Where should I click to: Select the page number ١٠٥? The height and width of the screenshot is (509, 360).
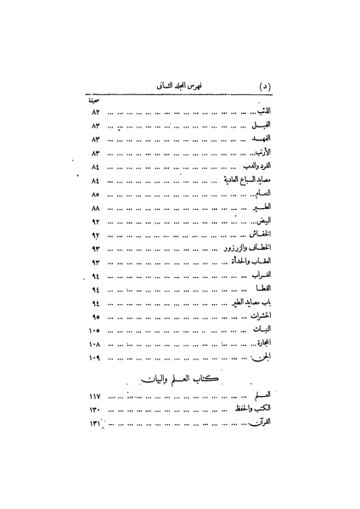[x=94, y=330]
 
